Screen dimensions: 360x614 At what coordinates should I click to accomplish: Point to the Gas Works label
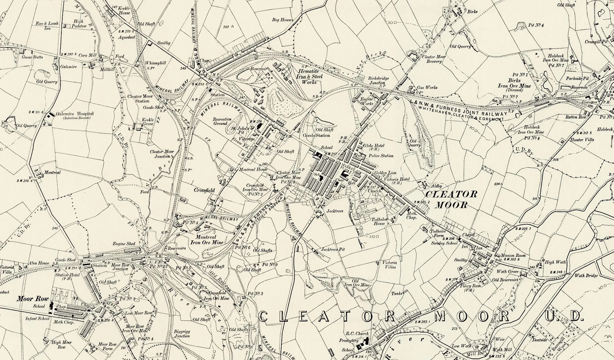[x=427, y=87]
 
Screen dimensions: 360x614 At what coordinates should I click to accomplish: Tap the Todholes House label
[x=378, y=222]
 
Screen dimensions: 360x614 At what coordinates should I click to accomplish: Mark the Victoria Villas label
[x=390, y=265]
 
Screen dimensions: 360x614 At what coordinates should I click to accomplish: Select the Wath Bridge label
[x=586, y=276]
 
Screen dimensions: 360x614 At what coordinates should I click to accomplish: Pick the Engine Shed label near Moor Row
[x=124, y=244]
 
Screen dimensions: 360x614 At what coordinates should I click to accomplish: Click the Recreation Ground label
[x=222, y=121]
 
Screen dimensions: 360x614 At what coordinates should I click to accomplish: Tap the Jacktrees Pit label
[x=333, y=250]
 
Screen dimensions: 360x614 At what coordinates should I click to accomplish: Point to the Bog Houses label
[x=282, y=20]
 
